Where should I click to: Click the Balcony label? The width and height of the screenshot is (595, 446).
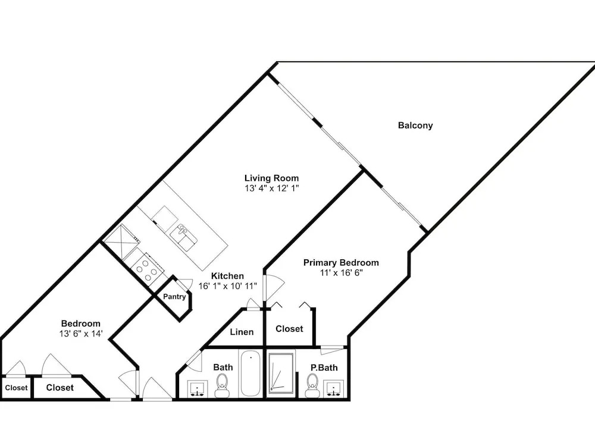click(415, 125)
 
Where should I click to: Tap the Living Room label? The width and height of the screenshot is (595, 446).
click(271, 178)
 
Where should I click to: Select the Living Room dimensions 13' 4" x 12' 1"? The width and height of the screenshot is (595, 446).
click(272, 189)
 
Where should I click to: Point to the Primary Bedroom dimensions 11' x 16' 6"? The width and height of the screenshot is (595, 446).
click(341, 273)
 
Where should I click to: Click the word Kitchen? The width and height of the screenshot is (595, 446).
click(227, 276)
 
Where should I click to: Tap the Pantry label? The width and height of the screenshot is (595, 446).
click(174, 297)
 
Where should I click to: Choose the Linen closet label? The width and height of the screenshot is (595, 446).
click(242, 332)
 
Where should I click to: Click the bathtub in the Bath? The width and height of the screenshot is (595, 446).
click(250, 373)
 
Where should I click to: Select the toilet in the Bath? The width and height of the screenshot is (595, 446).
click(221, 385)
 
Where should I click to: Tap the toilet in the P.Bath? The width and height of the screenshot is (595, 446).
click(313, 385)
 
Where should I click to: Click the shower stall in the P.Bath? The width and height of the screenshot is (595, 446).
click(281, 373)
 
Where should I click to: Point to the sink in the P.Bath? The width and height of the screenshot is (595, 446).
click(334, 388)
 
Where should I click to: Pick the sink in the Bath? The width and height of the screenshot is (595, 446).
click(197, 390)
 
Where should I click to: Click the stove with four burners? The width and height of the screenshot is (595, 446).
click(147, 267)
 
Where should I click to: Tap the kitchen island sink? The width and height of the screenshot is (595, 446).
click(184, 237)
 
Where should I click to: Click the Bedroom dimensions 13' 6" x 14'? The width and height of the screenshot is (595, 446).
click(81, 334)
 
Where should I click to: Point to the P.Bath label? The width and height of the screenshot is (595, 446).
click(324, 368)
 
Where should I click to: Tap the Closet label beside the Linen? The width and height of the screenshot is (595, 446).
click(289, 329)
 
